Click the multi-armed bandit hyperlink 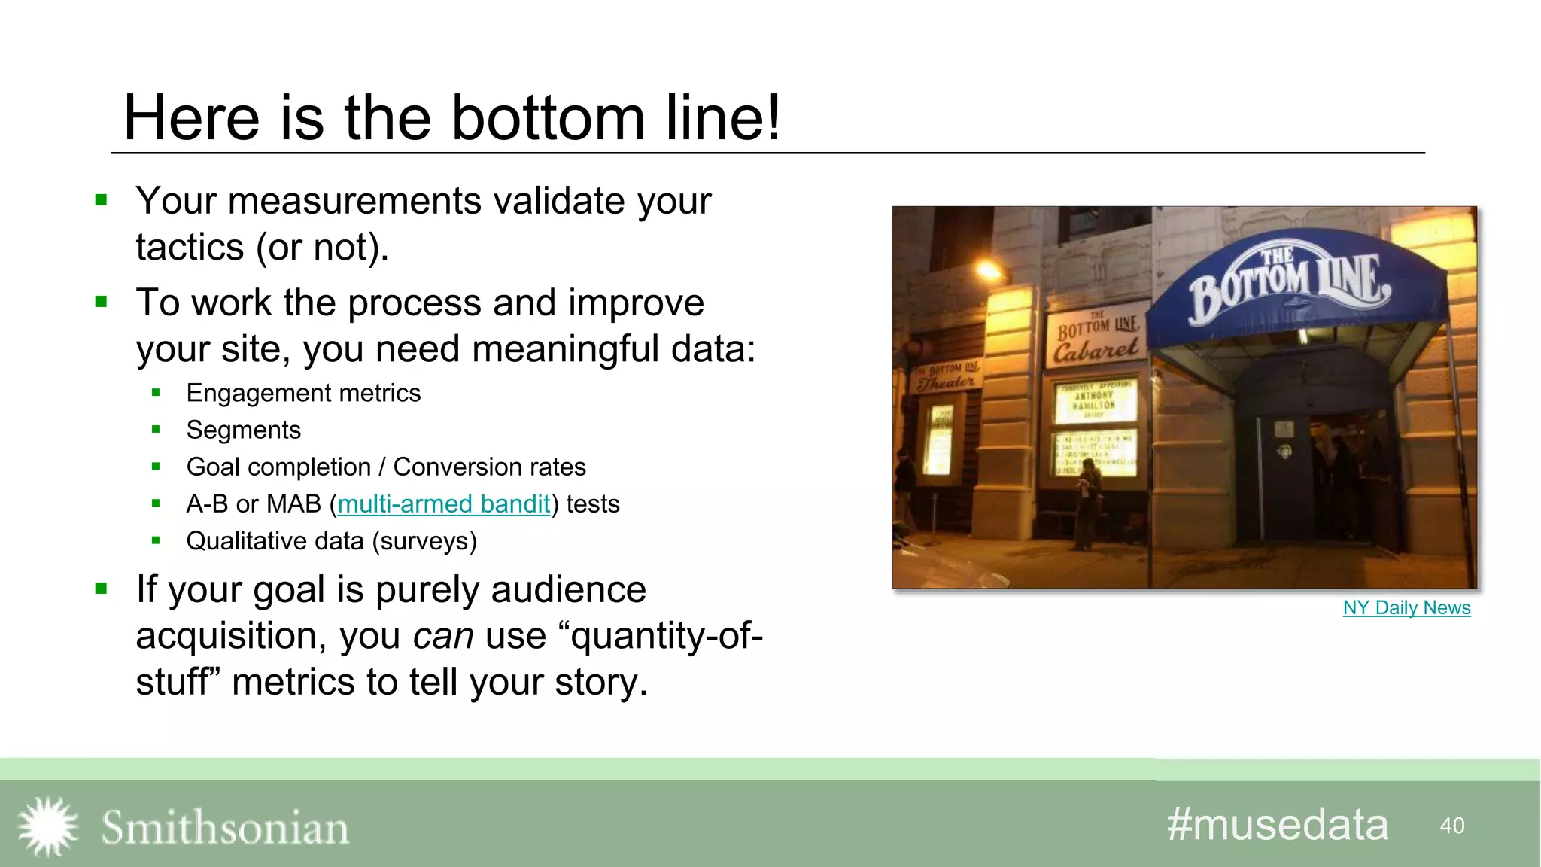click(x=444, y=504)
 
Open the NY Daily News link click(x=1406, y=608)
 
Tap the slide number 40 click(x=1451, y=826)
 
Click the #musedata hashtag click(x=1277, y=825)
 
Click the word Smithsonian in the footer click(x=225, y=828)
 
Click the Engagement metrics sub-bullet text click(x=303, y=394)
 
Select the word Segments click(x=243, y=430)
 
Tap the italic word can click(x=443, y=636)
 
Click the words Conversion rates click(x=489, y=467)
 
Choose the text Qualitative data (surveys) click(x=331, y=541)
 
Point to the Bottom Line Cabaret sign click(x=1096, y=338)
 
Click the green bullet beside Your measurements click(x=102, y=200)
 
